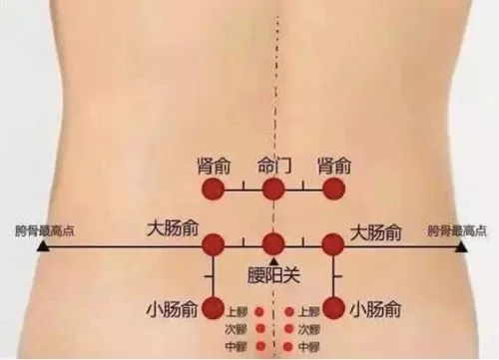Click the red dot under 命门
coord(272,189)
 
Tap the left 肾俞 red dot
coord(213,189)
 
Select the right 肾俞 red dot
coord(333,189)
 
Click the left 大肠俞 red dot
coord(213,243)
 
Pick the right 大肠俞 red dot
coord(333,243)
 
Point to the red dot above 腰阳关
coord(272,243)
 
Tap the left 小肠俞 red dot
coord(213,307)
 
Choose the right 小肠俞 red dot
coord(333,307)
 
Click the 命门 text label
coord(273,165)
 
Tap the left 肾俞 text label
coord(217,165)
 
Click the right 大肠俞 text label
coord(377,232)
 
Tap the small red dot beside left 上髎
coord(260,309)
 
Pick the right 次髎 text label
coord(308,328)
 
